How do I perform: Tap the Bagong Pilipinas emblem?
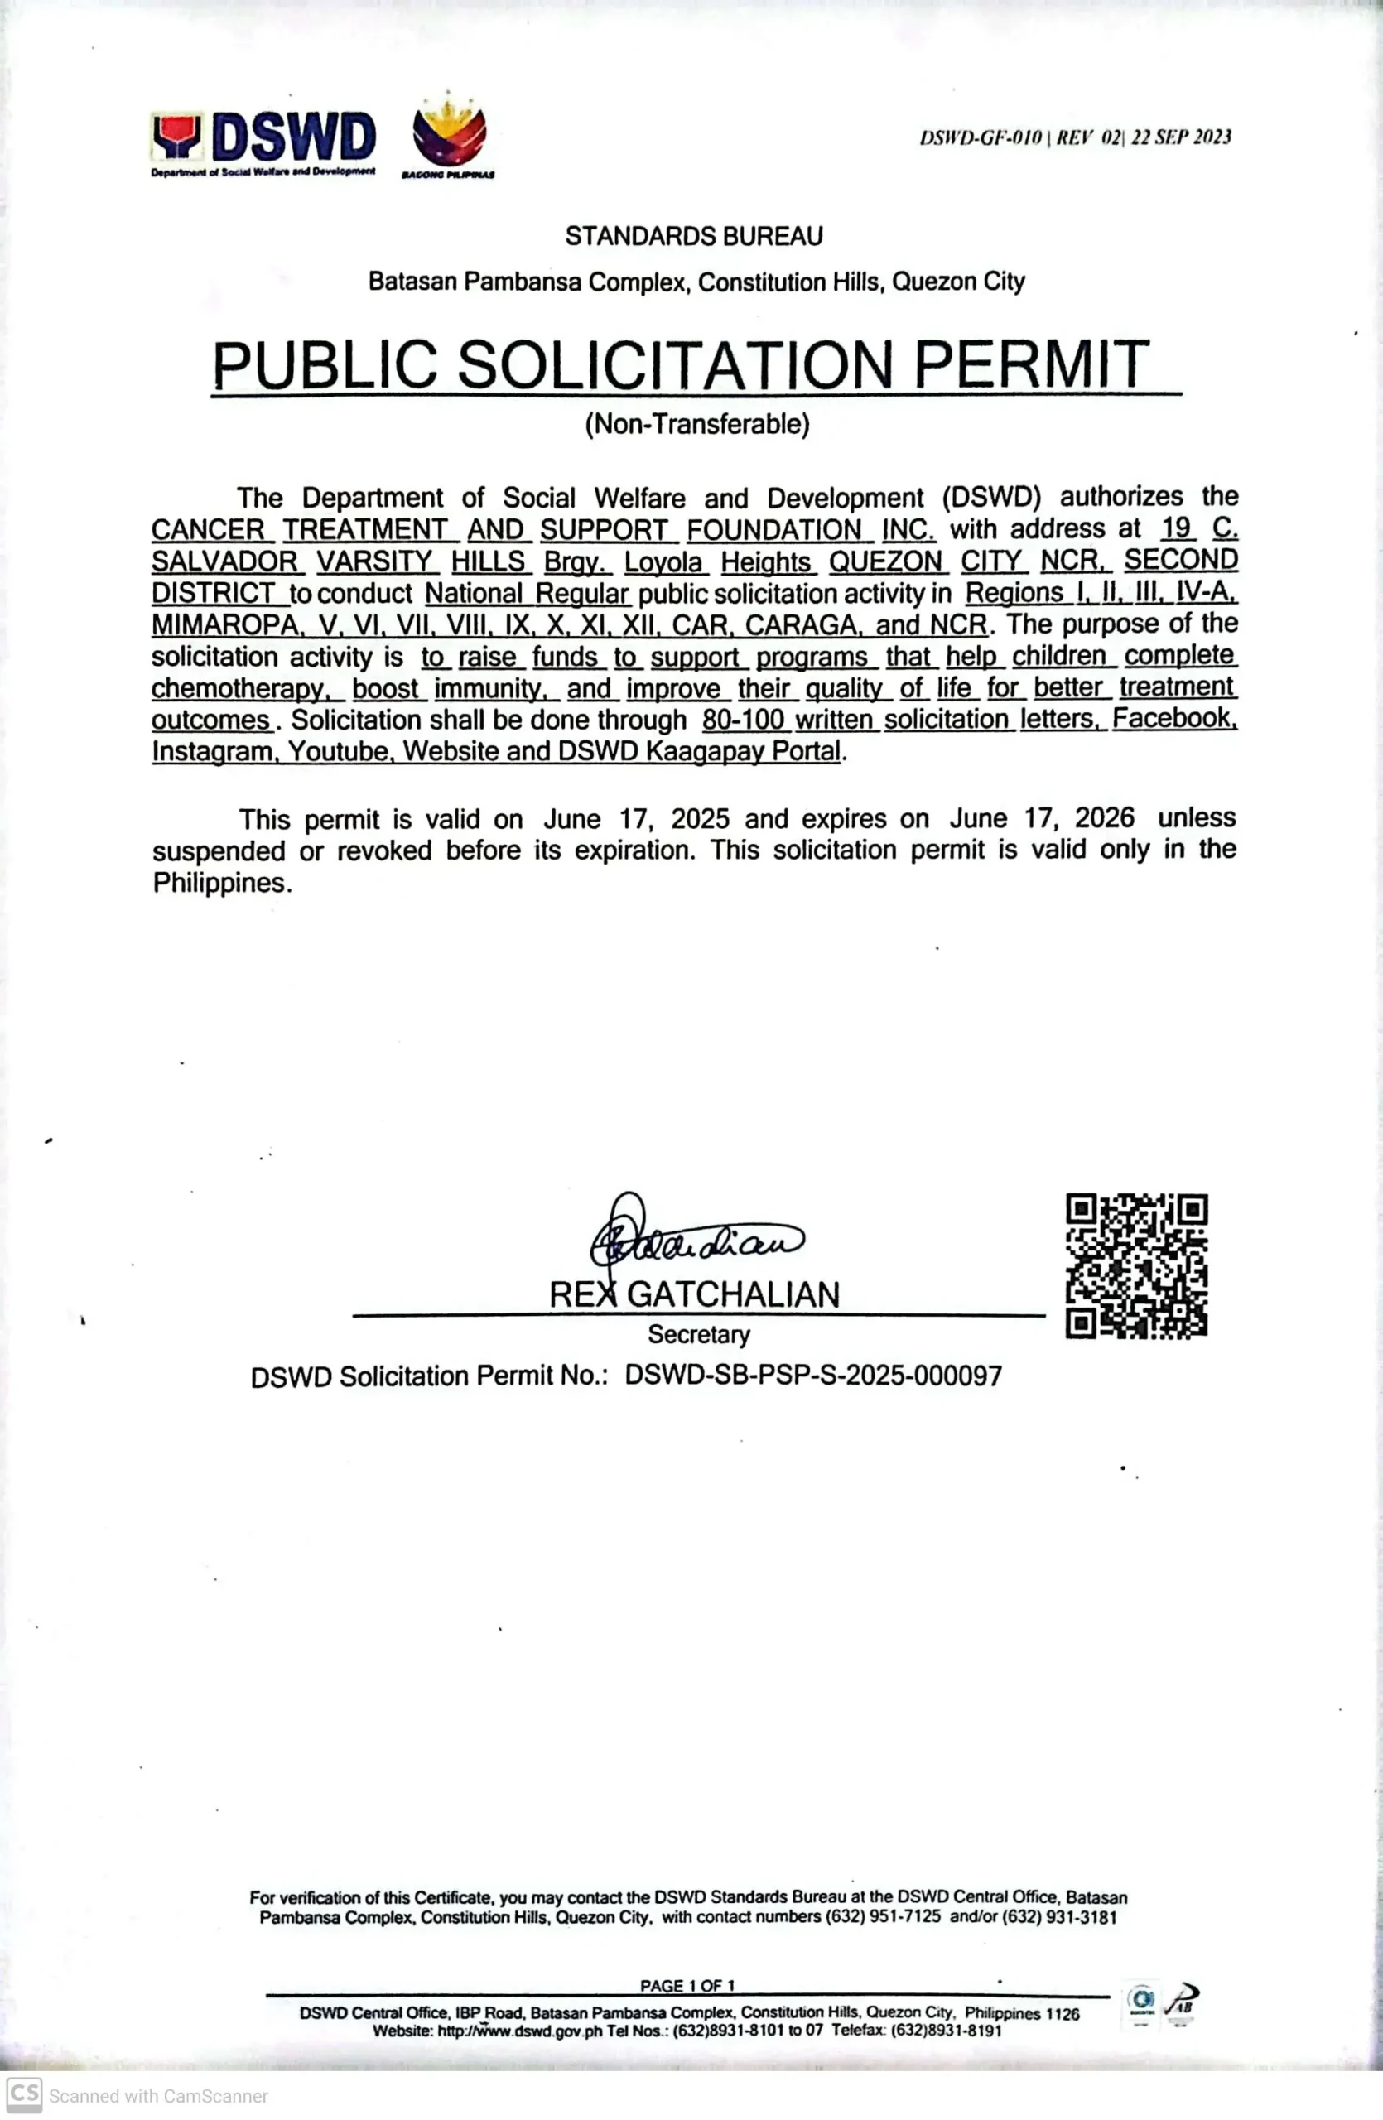coord(449,135)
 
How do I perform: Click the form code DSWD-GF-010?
coord(981,137)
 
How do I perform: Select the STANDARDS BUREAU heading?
coord(694,236)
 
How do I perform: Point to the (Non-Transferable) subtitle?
coord(696,424)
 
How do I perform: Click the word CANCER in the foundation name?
coord(208,529)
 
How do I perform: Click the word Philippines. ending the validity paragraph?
coord(222,883)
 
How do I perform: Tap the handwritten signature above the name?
coord(695,1236)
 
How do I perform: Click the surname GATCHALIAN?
coord(733,1294)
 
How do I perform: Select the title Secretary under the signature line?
coord(698,1334)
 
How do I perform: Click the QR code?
coord(1136,1265)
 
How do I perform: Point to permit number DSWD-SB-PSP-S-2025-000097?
coord(813,1376)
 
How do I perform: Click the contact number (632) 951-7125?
coord(883,1917)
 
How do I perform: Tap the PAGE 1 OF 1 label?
coord(687,1986)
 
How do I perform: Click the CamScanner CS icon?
coord(24,2095)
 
